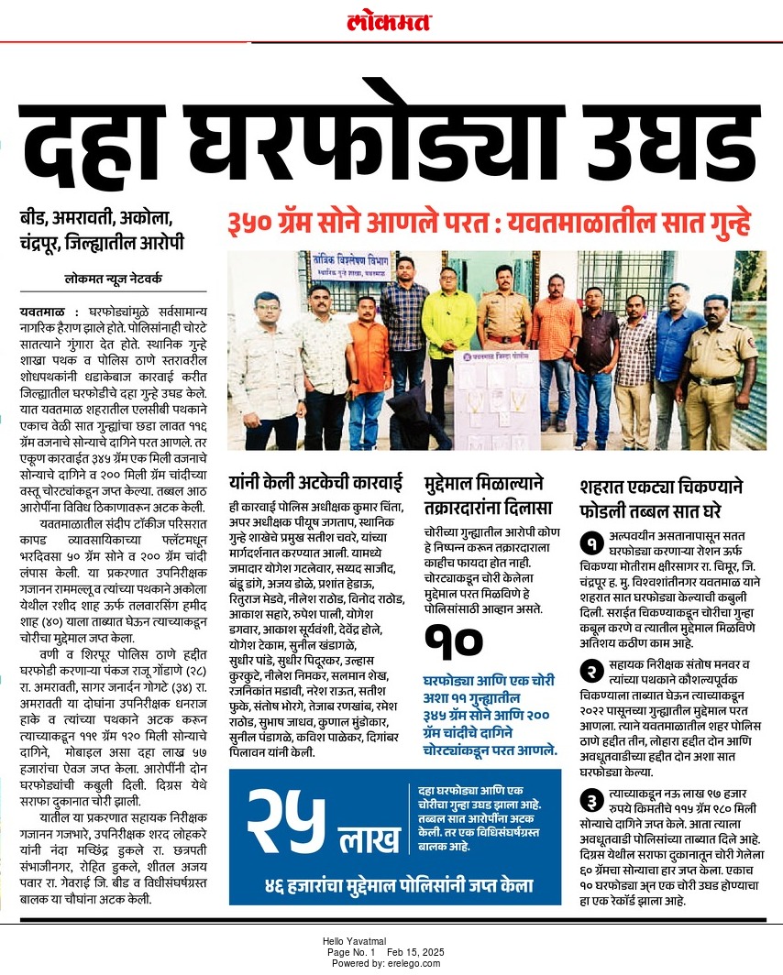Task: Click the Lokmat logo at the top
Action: coord(389,22)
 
